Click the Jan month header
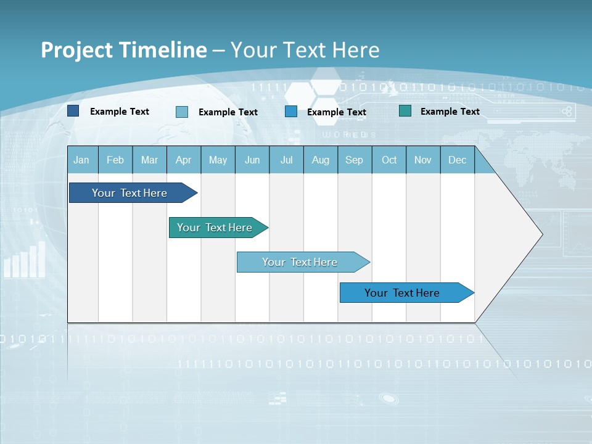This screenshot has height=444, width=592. click(81, 160)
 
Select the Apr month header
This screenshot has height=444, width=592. click(183, 160)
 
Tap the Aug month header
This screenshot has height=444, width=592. click(320, 160)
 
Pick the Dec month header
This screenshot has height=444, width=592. click(457, 160)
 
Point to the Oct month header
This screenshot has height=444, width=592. click(388, 160)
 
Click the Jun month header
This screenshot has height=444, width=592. click(252, 160)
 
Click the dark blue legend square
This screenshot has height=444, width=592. click(73, 111)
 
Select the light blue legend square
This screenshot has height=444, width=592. click(182, 112)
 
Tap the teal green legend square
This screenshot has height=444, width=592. click(405, 111)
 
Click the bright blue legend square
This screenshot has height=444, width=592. click(291, 112)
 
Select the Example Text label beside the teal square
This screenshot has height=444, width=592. click(450, 111)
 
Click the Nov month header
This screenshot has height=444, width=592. click(423, 160)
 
